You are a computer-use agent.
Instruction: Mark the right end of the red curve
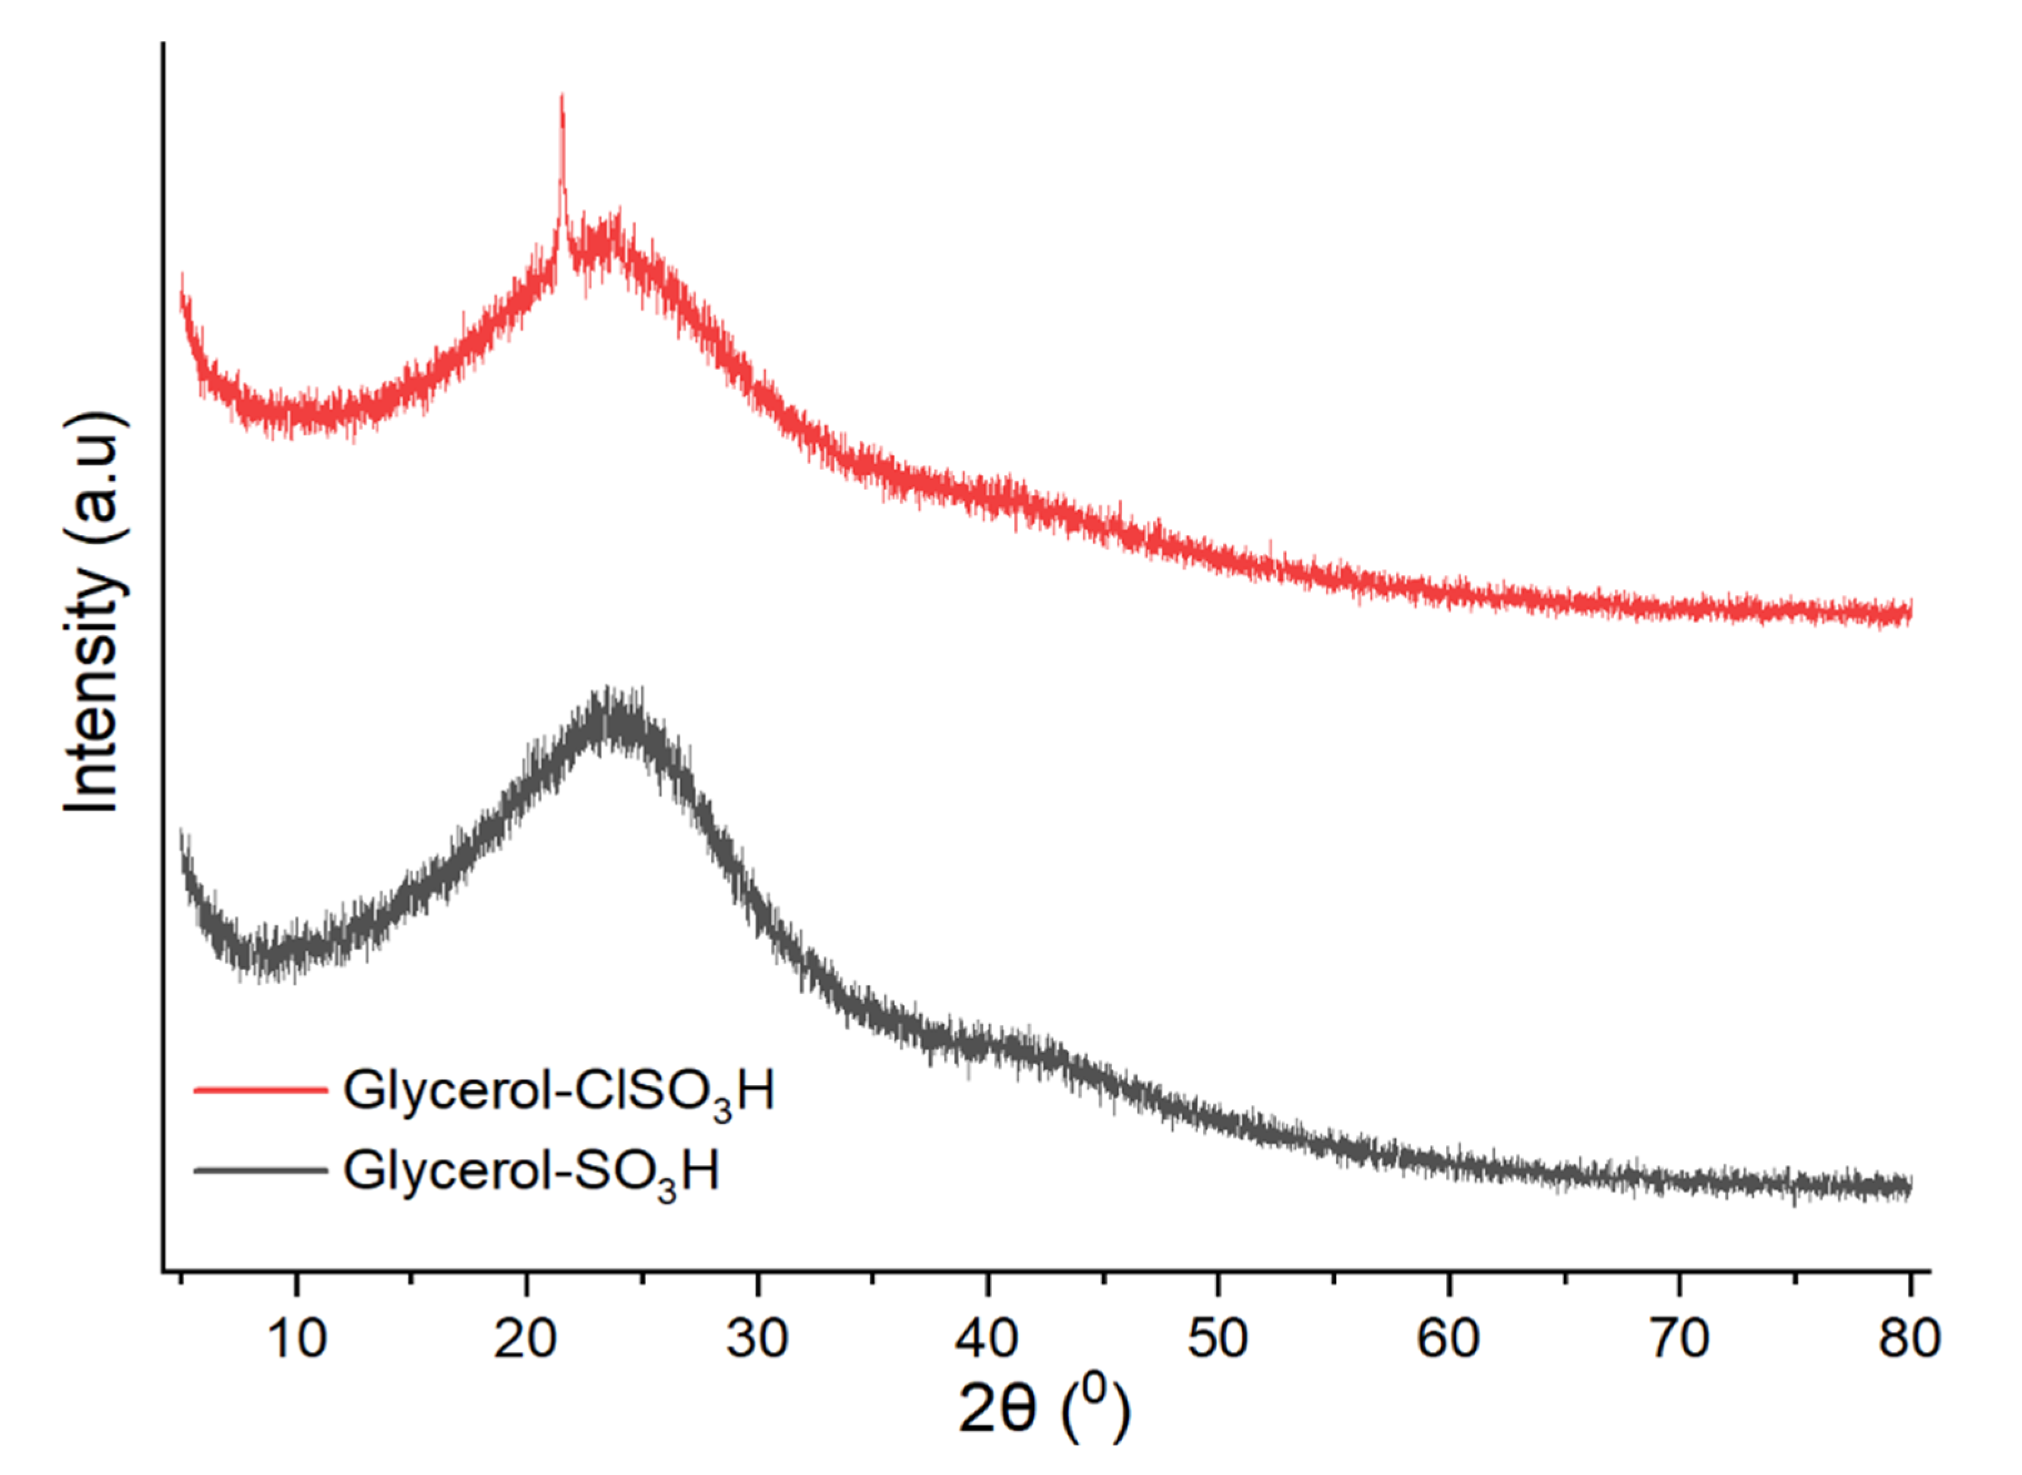pyautogui.click(x=1909, y=613)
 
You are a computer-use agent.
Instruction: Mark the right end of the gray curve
pyautogui.click(x=1909, y=1187)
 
